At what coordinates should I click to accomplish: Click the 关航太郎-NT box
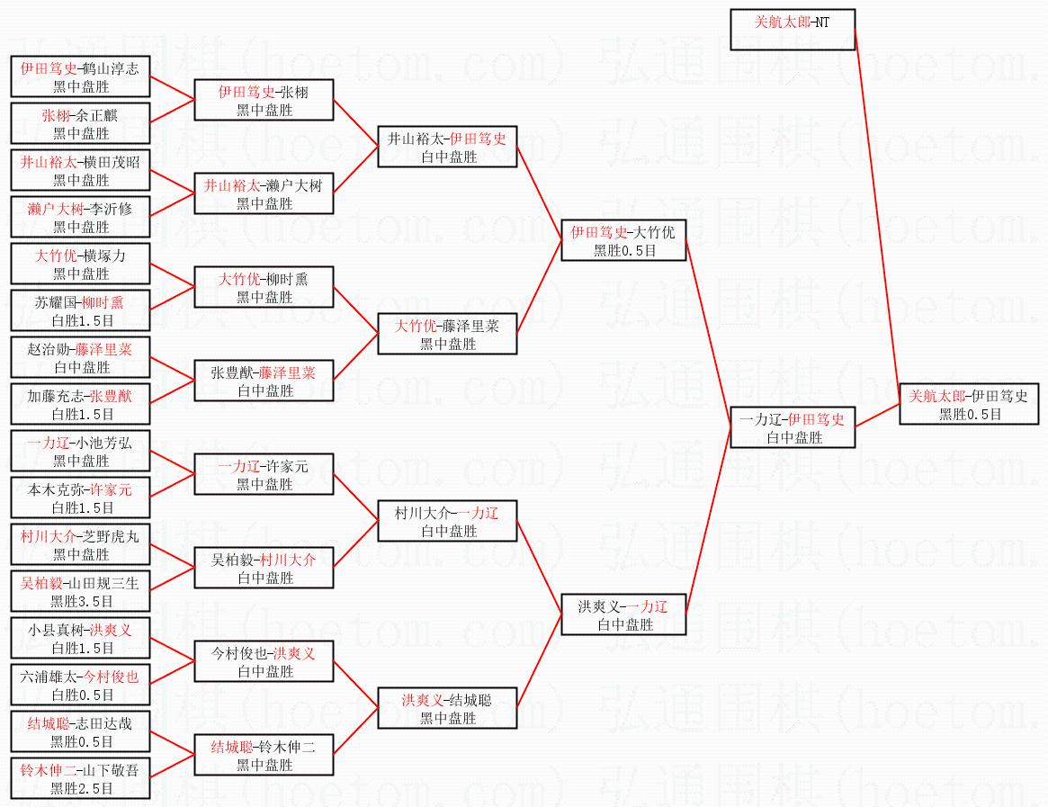tap(792, 30)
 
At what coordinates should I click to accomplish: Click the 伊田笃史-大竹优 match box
tap(623, 240)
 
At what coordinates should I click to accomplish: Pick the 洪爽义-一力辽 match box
tap(623, 614)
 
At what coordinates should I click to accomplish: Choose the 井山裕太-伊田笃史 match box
tap(447, 147)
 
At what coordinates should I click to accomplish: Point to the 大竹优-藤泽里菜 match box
tap(447, 334)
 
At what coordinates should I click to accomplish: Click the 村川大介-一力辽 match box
tap(447, 521)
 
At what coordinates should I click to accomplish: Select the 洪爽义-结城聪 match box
tap(447, 708)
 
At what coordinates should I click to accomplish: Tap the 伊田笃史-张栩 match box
tap(264, 100)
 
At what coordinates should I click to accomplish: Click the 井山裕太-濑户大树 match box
tap(264, 193)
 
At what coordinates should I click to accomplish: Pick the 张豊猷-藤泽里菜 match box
tap(264, 381)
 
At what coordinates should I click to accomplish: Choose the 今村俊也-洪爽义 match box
tap(264, 661)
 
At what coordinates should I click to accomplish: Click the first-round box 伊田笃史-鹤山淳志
tap(80, 76)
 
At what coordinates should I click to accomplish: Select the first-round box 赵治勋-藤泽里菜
tap(80, 357)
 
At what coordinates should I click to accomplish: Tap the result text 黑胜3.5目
tap(81, 602)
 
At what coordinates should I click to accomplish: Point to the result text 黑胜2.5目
tap(81, 789)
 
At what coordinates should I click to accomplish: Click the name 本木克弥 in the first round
tap(54, 489)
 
